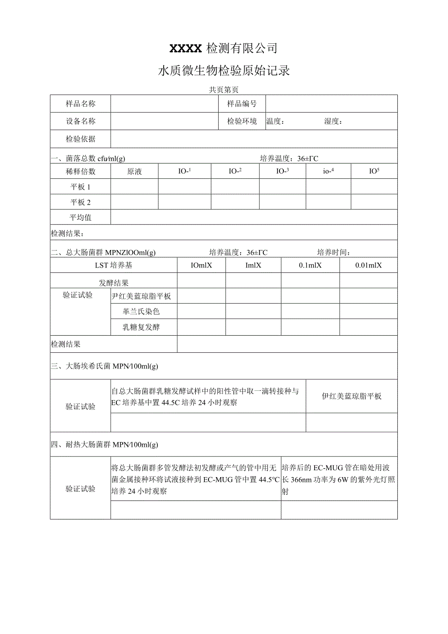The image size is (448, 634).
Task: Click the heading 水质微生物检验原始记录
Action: tap(224, 71)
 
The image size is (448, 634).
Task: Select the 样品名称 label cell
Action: tap(80, 104)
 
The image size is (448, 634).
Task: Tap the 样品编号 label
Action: tap(242, 104)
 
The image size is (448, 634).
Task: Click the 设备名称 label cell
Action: tap(80, 121)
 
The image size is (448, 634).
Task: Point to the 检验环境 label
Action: tap(242, 121)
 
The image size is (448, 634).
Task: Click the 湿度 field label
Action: tap(333, 121)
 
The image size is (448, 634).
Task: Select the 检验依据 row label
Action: tap(80, 139)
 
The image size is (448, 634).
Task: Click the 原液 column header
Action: tap(134, 171)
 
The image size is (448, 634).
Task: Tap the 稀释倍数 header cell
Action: tap(80, 171)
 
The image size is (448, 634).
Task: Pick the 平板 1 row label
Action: tap(80, 187)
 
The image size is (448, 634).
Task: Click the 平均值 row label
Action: tap(80, 217)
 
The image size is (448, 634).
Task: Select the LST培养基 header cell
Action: tap(113, 265)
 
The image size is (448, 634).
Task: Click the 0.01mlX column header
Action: tap(368, 265)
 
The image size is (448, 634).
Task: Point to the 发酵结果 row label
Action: tap(113, 283)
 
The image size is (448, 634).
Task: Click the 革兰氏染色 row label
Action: tap(141, 311)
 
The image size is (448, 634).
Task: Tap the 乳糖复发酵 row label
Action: tap(141, 327)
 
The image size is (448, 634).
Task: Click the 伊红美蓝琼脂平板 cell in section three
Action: tap(352, 396)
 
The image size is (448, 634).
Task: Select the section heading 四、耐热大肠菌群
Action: tap(105, 444)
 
